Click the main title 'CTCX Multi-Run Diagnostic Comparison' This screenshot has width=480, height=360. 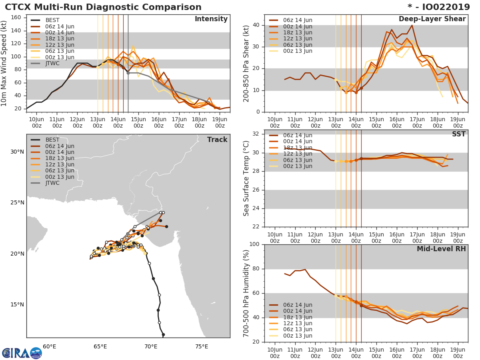(x=103, y=7)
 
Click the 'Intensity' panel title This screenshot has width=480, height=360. (x=211, y=19)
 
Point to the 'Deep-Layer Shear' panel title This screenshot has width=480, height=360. (x=432, y=19)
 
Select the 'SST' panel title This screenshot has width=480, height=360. (x=458, y=134)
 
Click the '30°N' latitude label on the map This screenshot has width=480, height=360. (x=17, y=152)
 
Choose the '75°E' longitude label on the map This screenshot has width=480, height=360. (x=202, y=347)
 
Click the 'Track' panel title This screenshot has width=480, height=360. (x=217, y=140)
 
